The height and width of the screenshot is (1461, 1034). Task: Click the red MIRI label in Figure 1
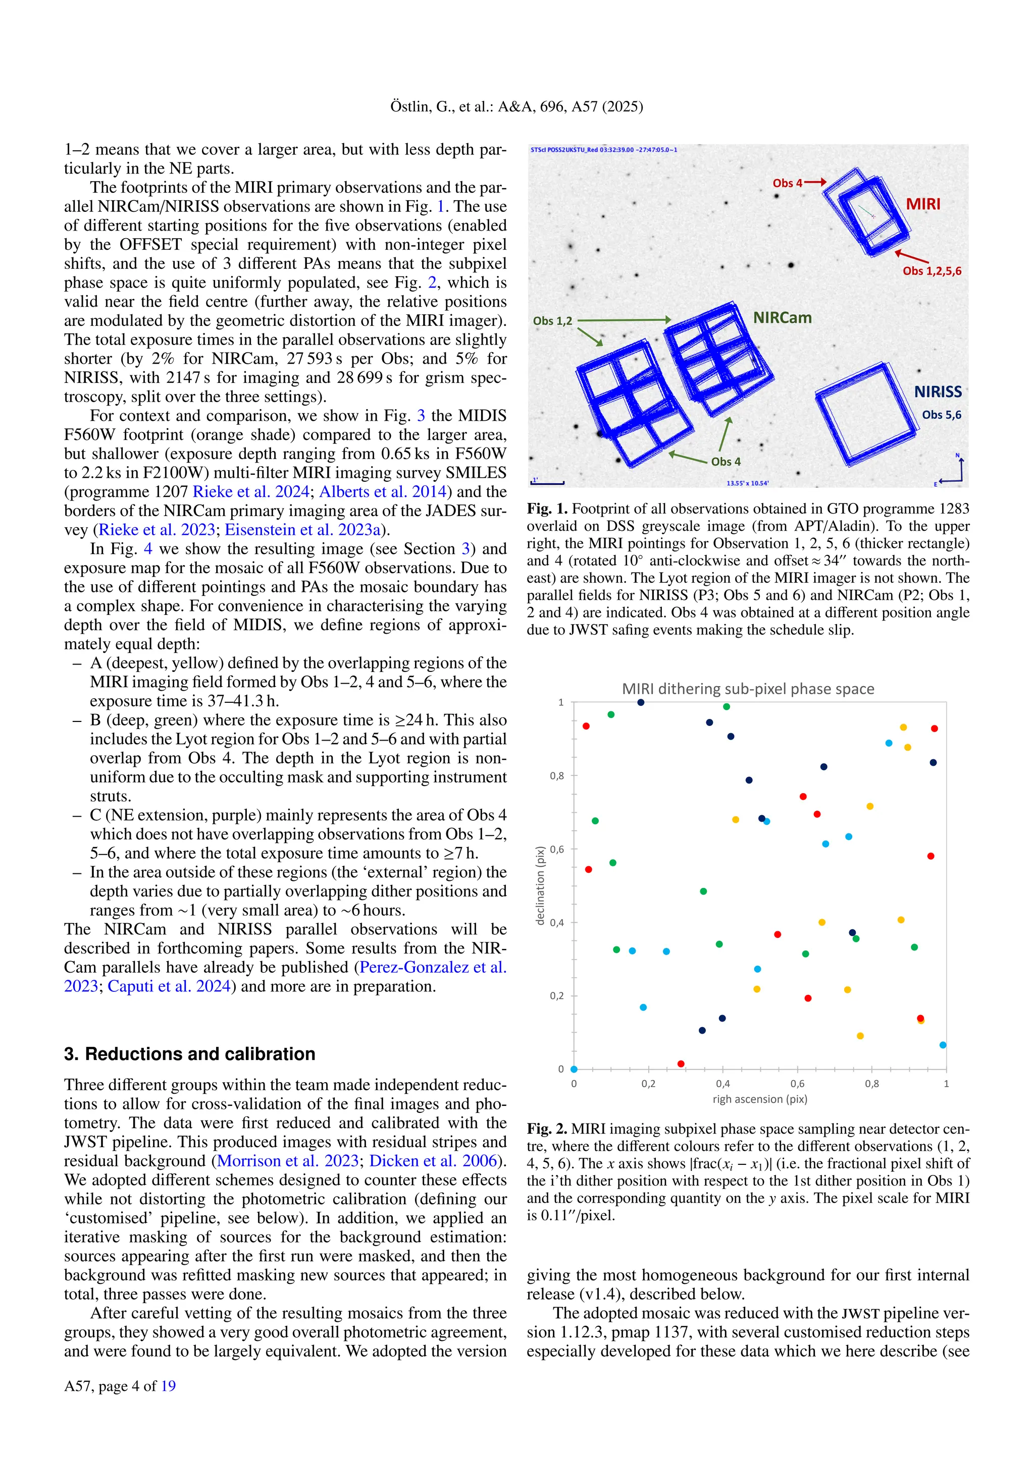[922, 204]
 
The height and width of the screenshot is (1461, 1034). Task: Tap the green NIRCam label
[782, 317]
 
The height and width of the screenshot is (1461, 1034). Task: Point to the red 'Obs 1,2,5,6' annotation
[932, 271]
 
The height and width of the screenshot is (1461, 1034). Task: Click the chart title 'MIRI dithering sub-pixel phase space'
[748, 689]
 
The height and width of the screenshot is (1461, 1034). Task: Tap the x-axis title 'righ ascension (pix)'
[759, 1099]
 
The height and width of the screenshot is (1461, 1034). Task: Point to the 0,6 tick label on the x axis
[797, 1084]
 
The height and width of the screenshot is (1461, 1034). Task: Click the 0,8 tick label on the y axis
[556, 776]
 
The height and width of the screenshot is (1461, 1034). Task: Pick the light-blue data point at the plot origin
[574, 1069]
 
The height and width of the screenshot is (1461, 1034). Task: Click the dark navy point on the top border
[641, 703]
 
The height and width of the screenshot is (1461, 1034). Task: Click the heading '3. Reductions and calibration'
[189, 1054]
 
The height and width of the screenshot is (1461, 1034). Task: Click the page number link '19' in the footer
[168, 1386]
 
